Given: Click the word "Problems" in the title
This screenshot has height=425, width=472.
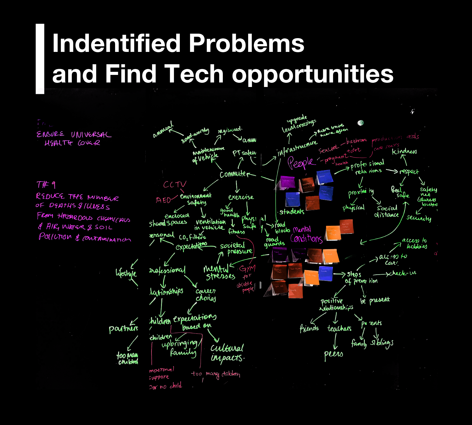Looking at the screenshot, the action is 246,43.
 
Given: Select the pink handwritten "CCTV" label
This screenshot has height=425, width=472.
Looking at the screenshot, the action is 175,184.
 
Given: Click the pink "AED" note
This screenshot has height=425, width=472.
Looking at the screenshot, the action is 163,200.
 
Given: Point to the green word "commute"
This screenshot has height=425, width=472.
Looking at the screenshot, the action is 233,174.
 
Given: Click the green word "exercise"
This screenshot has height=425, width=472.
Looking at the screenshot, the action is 241,197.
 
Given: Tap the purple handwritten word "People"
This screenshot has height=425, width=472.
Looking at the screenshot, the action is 301,162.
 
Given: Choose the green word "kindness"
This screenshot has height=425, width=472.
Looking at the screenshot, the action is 404,151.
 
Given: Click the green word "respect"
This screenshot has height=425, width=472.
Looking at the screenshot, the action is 409,171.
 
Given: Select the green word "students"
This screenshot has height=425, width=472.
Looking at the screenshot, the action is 292,212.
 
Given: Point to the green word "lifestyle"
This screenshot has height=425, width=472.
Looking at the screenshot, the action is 126,273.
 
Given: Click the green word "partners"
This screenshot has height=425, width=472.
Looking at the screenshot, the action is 123,328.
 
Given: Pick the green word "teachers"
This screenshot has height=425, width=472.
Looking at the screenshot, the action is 339,328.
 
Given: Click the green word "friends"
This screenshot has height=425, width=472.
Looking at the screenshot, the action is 309,328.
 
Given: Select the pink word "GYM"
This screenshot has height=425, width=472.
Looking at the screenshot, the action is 247,269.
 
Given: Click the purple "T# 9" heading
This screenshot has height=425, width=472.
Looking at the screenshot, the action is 46,185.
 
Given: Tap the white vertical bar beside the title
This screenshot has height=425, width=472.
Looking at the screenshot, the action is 40,59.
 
